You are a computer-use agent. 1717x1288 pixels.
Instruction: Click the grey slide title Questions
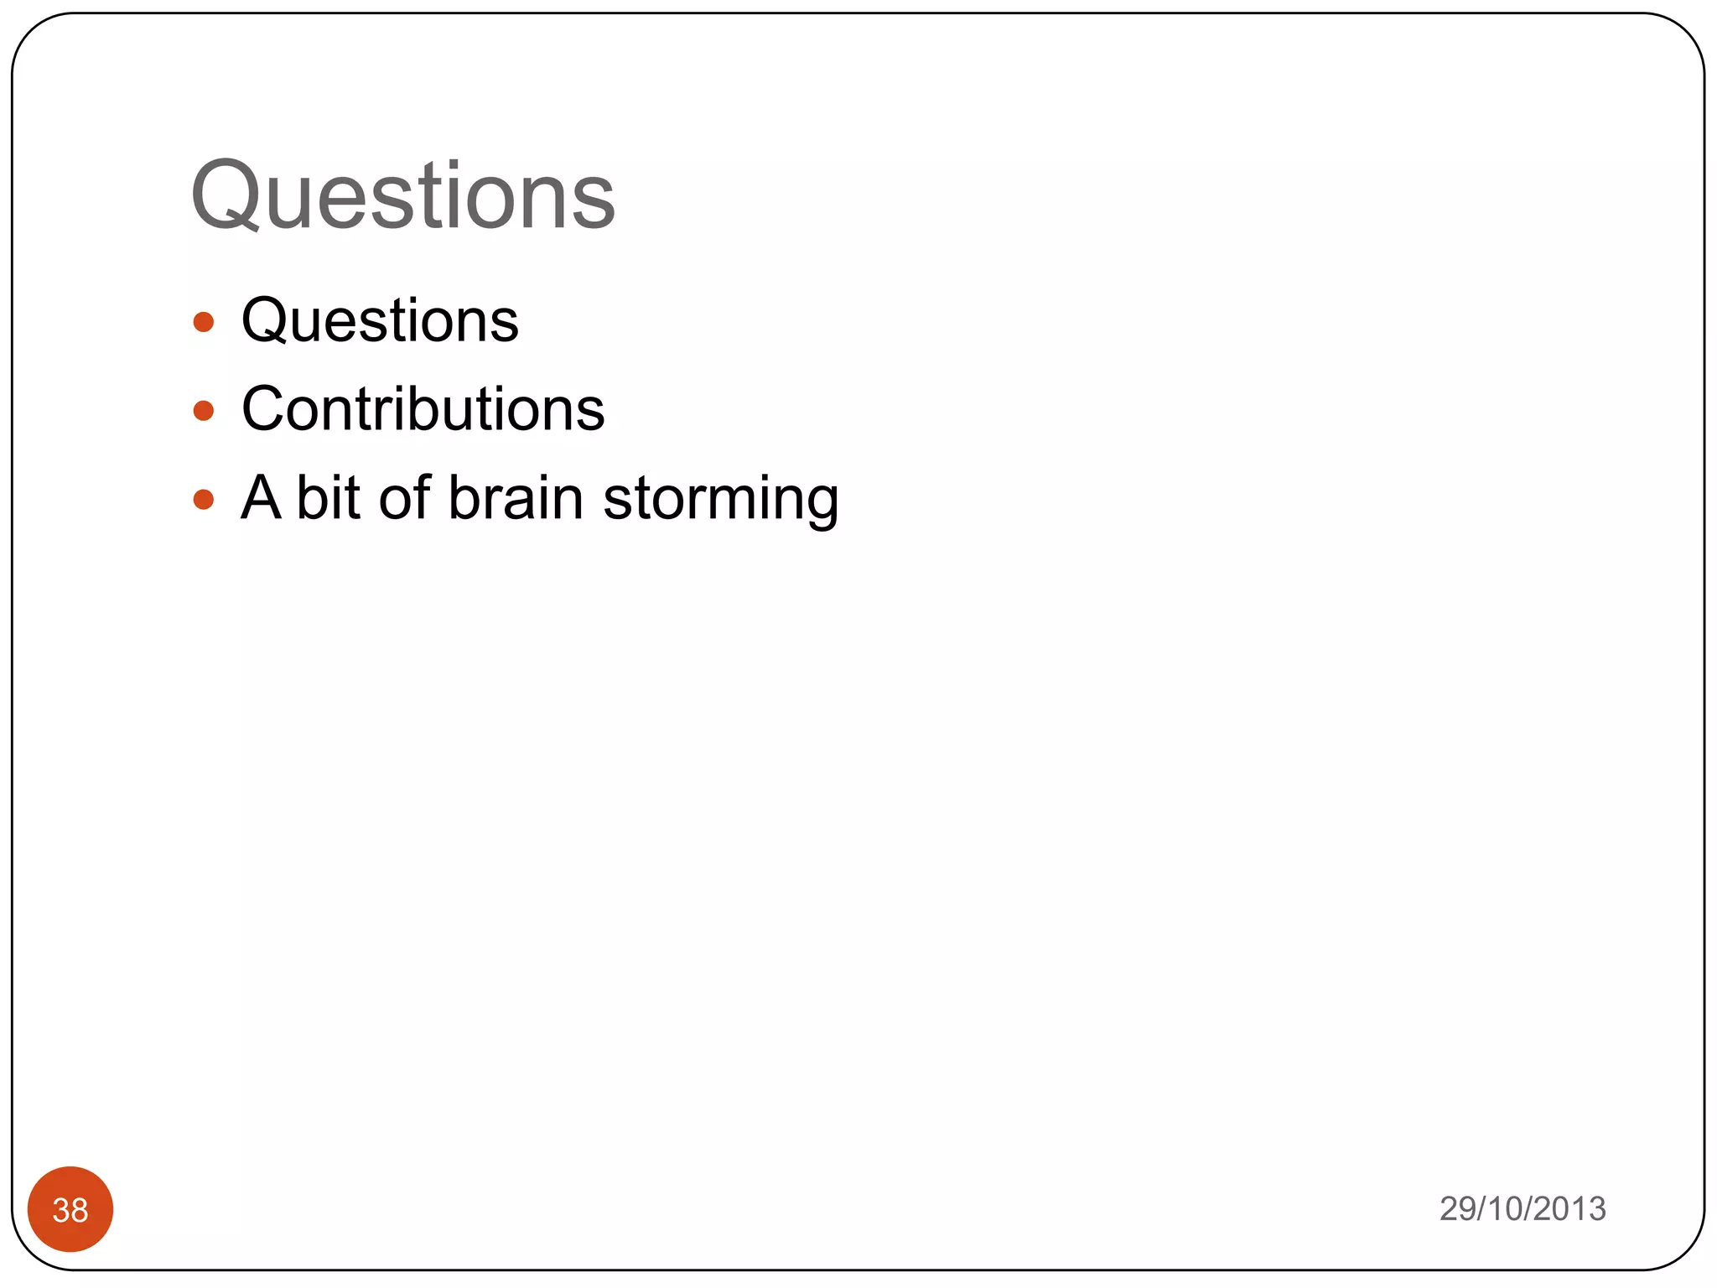click(403, 197)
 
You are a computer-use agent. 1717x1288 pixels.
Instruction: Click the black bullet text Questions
click(380, 321)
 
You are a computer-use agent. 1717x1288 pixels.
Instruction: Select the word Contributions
click(423, 410)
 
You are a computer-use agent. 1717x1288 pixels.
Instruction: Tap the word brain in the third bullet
click(515, 498)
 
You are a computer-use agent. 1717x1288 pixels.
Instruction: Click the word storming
click(720, 500)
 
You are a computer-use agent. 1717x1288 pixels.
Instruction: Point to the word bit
click(328, 498)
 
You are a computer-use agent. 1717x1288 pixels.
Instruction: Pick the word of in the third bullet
click(404, 498)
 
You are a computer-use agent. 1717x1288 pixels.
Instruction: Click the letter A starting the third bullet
click(260, 498)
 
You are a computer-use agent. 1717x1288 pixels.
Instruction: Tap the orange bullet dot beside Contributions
click(204, 411)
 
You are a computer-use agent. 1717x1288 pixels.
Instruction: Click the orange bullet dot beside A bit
click(204, 500)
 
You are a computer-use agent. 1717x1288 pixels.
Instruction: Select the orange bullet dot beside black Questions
click(204, 322)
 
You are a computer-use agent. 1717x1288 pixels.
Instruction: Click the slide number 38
click(70, 1210)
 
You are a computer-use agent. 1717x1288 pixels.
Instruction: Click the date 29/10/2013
click(1522, 1209)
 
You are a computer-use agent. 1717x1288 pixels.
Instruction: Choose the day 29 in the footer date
click(1457, 1209)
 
